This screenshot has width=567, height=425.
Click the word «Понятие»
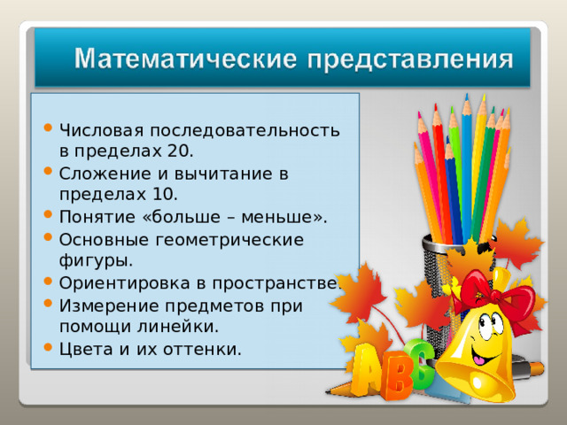coord(96,217)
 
